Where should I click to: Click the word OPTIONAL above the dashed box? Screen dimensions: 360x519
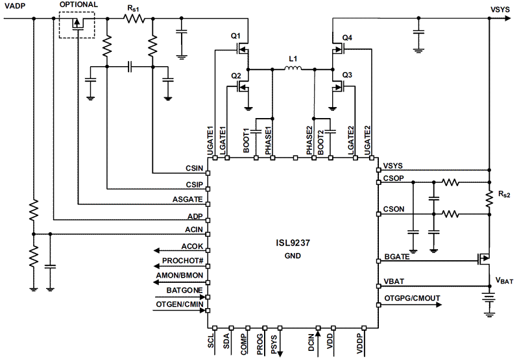(78, 5)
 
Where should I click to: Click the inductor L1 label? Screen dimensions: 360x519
(293, 59)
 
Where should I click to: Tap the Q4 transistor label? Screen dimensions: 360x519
(347, 38)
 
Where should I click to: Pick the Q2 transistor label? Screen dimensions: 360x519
(236, 76)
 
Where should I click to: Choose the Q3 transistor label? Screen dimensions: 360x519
(347, 75)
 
